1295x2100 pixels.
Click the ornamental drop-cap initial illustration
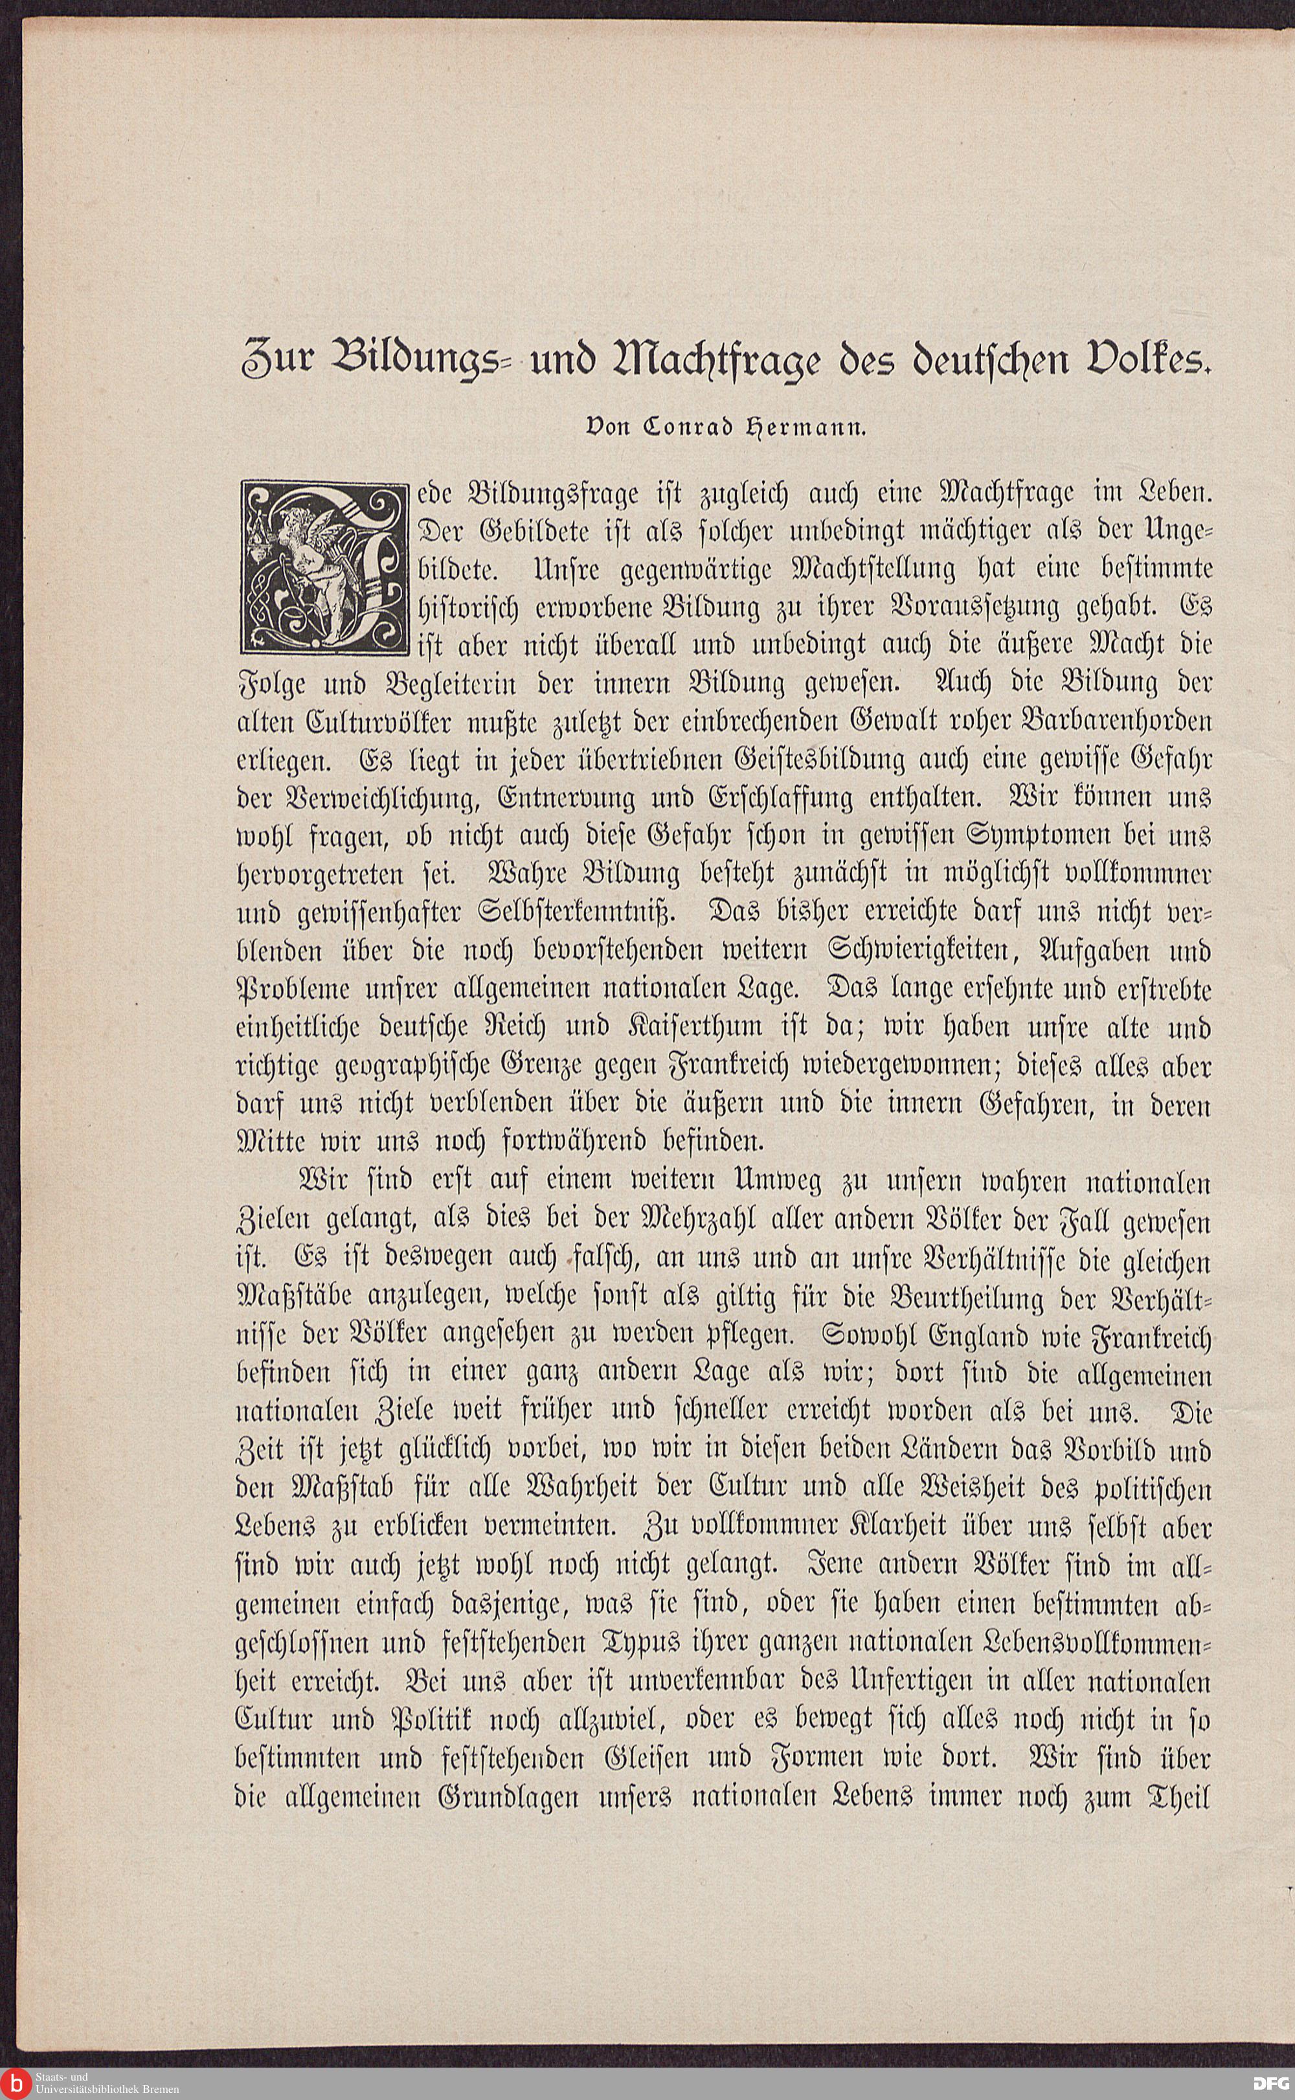click(x=321, y=566)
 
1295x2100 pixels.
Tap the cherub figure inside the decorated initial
click(x=313, y=557)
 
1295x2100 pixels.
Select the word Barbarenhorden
click(x=1115, y=723)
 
